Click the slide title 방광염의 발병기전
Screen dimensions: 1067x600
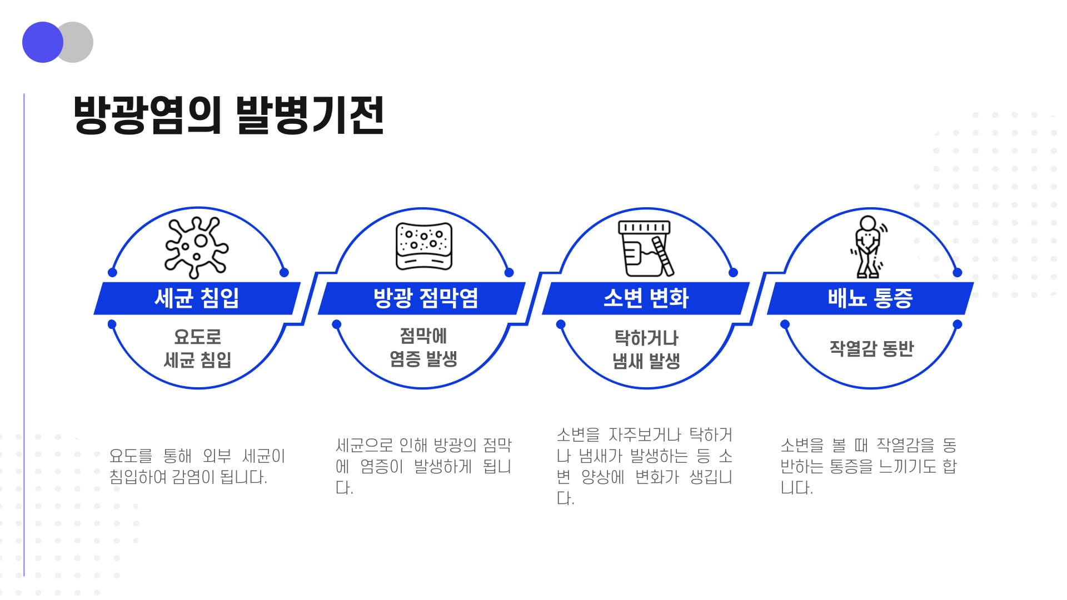tap(228, 115)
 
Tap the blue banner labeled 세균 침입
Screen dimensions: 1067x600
tap(197, 298)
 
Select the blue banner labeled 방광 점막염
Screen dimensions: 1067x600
tap(422, 298)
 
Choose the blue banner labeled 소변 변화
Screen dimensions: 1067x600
tap(646, 298)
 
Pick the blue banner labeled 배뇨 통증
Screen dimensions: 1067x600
tap(870, 298)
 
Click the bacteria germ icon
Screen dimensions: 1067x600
tap(196, 247)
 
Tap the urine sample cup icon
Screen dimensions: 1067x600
tap(646, 248)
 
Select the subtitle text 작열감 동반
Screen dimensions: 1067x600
tap(871, 348)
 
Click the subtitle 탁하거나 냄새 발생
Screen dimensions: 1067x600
tap(646, 349)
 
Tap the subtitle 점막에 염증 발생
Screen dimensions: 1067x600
tap(423, 347)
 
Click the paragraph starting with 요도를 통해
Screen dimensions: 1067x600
tap(197, 466)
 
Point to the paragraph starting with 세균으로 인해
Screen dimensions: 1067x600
tap(423, 466)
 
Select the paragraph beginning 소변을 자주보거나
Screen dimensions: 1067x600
tap(645, 466)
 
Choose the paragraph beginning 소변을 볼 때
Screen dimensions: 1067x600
tap(869, 466)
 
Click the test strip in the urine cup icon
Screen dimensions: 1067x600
tap(663, 256)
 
